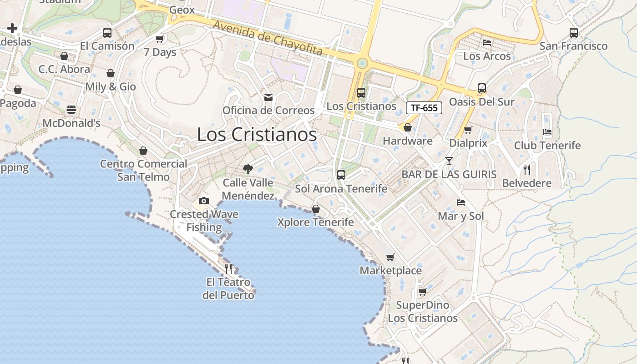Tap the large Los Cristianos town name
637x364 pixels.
[x=257, y=135]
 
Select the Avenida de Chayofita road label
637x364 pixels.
[x=268, y=38]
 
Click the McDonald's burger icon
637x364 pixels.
[x=71, y=110]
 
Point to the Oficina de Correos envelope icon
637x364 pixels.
[x=268, y=97]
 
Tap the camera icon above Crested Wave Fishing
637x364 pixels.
[x=204, y=201]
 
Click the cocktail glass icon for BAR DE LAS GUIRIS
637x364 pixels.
[x=449, y=161]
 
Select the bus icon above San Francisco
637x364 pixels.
[x=574, y=33]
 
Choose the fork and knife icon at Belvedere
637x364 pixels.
[x=527, y=170]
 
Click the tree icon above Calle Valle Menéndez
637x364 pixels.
[x=248, y=169]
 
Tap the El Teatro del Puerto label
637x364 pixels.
[x=228, y=288]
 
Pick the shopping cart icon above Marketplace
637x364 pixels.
[x=390, y=258]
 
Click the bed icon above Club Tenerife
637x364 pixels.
[x=547, y=132]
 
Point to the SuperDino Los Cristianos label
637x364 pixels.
[x=423, y=311]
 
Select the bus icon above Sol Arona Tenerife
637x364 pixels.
[x=341, y=175]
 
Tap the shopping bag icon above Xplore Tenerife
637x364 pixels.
[x=316, y=209]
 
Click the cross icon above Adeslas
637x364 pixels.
[x=12, y=29]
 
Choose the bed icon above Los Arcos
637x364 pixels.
[x=487, y=43]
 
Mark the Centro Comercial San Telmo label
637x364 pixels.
[x=143, y=170]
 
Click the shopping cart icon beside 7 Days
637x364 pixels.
[x=159, y=39]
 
